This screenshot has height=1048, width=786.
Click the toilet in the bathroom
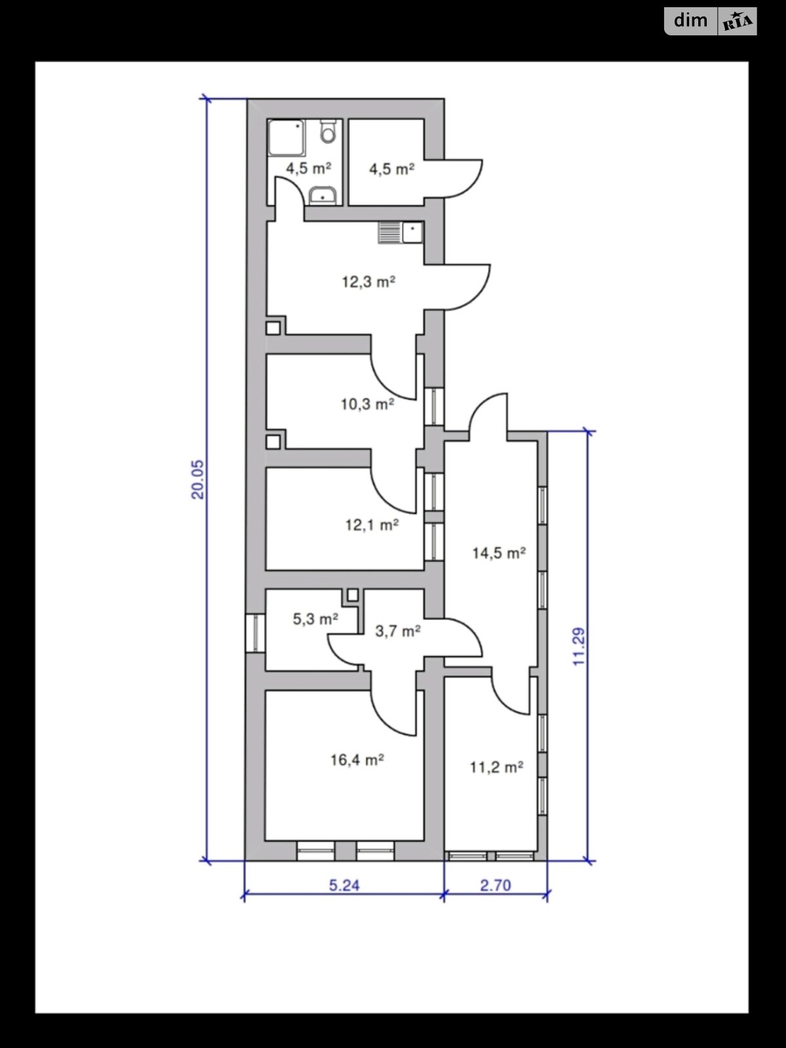(x=327, y=132)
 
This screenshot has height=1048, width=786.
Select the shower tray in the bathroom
(x=287, y=138)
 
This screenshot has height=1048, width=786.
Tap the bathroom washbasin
(x=322, y=195)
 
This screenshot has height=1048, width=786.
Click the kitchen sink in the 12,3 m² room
(x=401, y=233)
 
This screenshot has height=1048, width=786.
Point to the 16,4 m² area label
(x=356, y=760)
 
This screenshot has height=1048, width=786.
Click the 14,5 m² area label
(x=498, y=553)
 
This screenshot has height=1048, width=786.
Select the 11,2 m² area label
(x=496, y=767)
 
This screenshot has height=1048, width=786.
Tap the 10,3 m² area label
(x=367, y=404)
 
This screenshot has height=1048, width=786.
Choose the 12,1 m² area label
(x=371, y=525)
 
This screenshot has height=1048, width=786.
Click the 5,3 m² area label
(x=315, y=619)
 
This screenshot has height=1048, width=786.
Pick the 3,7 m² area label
(x=397, y=632)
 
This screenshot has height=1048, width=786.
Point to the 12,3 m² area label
(x=368, y=282)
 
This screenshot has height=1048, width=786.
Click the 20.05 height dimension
(x=198, y=479)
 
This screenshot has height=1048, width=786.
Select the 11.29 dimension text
(x=578, y=647)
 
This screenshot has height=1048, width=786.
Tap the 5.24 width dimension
(x=344, y=886)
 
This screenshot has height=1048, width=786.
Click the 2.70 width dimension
(x=495, y=886)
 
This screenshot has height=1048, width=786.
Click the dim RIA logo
(x=711, y=22)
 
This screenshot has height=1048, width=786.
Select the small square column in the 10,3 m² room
(x=274, y=441)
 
